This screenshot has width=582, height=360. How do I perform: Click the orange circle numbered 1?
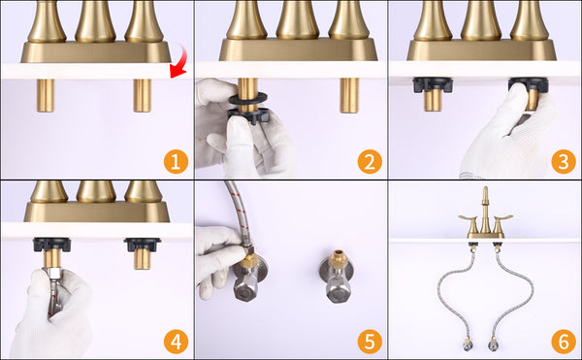point(176,161)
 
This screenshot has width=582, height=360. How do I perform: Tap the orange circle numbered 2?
point(370,161)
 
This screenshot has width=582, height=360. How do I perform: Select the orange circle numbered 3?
point(564,161)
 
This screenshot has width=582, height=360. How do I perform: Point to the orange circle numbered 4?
point(176,342)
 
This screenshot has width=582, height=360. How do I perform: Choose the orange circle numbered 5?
point(370,342)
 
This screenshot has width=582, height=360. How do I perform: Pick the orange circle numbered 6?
point(564,342)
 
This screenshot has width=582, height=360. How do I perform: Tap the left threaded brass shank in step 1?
point(46,95)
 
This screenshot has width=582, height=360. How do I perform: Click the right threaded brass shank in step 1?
point(143,95)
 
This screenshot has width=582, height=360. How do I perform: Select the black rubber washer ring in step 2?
point(248,98)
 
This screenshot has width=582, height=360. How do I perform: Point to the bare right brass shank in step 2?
point(349,95)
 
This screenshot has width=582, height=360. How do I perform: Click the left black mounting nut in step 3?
point(433,84)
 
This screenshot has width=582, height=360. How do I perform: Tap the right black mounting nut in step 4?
point(143,245)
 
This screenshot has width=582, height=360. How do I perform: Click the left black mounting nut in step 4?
point(51,245)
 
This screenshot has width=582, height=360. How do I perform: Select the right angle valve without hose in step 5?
point(337,276)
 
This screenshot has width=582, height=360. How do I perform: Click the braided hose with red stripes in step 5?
point(238,213)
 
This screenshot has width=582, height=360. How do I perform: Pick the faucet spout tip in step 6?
point(485,189)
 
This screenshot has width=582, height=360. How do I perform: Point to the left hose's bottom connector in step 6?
point(468,344)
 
